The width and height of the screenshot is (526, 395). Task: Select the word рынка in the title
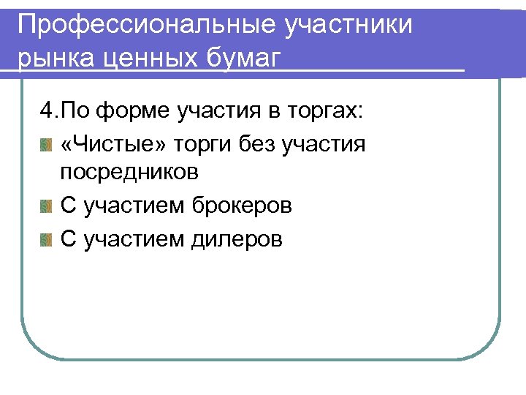pyautogui.click(x=56, y=58)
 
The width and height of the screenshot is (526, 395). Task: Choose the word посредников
pyautogui.click(x=129, y=173)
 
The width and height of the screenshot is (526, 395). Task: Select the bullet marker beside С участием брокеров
pyautogui.click(x=47, y=206)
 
